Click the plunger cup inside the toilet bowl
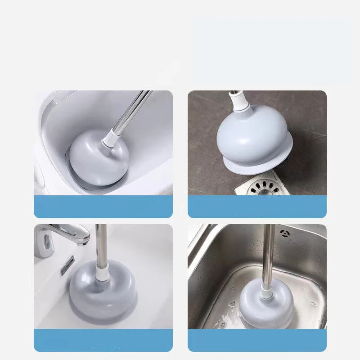tap(99, 155)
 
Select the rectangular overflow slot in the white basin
tap(67, 265)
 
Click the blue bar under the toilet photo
tap(103, 207)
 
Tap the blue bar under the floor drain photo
tap(257, 207)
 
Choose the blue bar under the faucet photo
tap(103, 340)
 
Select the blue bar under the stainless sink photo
tap(257, 340)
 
